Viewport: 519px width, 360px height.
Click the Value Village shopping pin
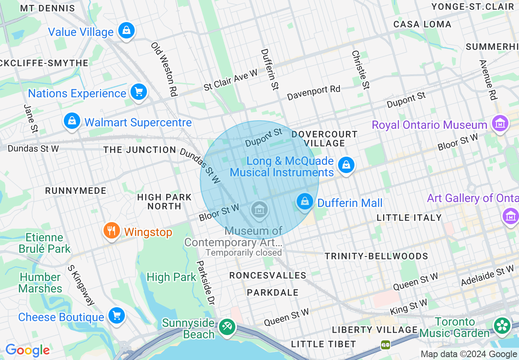point(126,31)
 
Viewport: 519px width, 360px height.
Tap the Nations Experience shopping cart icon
point(138,92)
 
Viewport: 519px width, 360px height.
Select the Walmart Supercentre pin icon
point(72,121)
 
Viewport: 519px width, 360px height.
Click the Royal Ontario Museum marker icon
point(500,123)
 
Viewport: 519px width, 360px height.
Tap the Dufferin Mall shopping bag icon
point(305,202)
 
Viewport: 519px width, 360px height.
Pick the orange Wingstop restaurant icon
point(111,231)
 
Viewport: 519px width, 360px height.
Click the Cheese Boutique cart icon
point(117,316)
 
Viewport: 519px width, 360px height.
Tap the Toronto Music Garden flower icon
point(502,326)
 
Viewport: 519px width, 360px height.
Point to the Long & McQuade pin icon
point(346,165)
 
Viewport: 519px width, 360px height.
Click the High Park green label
point(171,277)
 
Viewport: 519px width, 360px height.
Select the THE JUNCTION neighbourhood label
point(140,150)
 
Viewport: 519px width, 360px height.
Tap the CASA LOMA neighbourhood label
point(422,24)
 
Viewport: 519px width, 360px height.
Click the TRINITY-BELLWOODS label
point(376,256)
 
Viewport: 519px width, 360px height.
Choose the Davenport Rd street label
point(314,93)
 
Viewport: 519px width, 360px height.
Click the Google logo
point(27,350)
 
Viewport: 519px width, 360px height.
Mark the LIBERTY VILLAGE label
point(375,330)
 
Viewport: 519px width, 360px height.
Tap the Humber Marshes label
point(40,283)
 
